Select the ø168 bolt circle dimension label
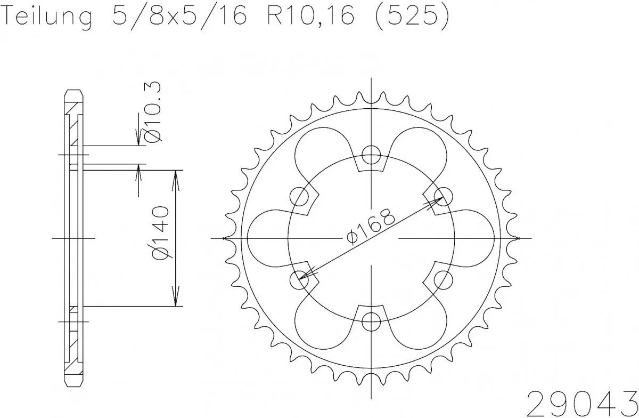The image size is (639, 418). point(371,227)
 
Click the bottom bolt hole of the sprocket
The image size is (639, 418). point(371,320)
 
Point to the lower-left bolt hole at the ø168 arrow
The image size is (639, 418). point(300,279)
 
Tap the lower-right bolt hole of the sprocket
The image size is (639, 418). point(443,279)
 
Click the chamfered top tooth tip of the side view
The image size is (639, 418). point(75,95)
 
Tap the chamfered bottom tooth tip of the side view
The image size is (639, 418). point(75,381)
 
